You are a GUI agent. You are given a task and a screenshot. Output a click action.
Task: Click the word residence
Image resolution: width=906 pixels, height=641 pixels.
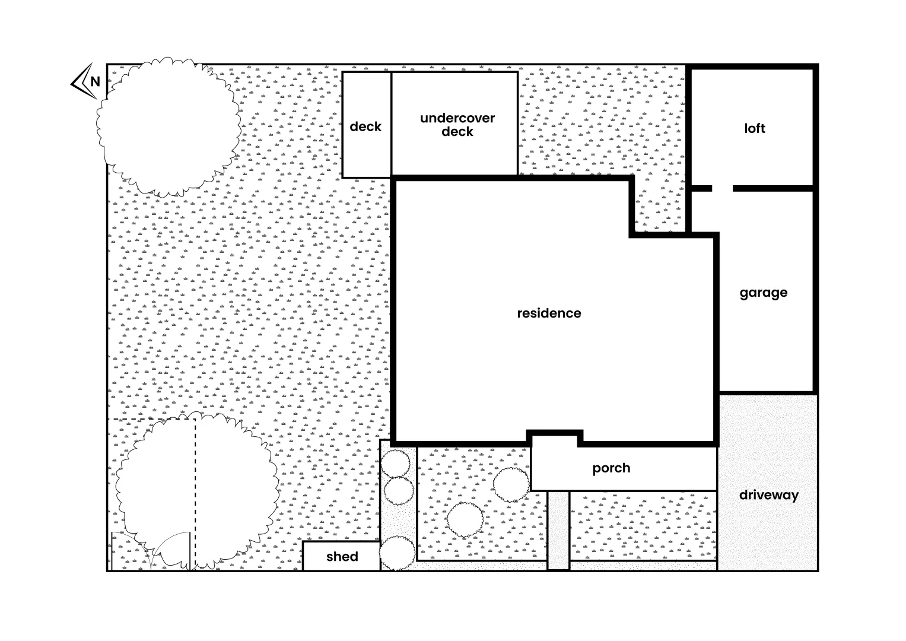click(549, 313)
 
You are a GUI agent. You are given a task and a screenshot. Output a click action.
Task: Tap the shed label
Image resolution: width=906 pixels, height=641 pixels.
click(342, 557)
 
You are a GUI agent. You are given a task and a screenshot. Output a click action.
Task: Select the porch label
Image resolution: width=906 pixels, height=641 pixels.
click(611, 468)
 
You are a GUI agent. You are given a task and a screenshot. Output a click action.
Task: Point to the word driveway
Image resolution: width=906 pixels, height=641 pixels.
click(769, 495)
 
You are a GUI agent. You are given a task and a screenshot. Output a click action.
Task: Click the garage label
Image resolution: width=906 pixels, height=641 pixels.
click(764, 293)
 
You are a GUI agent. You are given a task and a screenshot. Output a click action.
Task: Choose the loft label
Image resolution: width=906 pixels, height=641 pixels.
click(755, 128)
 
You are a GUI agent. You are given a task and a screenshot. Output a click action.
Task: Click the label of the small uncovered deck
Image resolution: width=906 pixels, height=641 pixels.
click(365, 126)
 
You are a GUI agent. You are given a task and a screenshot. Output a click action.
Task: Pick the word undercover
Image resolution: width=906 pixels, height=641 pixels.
click(457, 118)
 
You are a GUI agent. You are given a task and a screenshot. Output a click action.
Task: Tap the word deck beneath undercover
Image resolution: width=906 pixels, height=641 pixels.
click(457, 132)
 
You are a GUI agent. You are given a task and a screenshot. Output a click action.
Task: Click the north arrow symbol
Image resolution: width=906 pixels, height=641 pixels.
click(81, 81)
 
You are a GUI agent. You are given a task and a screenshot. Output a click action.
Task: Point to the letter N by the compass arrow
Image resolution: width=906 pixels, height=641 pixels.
click(95, 81)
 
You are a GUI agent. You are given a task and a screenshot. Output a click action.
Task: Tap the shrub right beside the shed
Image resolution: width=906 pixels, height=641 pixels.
click(397, 553)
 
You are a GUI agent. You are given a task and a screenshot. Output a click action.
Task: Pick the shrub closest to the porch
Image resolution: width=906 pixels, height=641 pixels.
click(511, 484)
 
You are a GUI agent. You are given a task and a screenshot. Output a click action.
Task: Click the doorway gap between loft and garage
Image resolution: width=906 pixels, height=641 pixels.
click(722, 188)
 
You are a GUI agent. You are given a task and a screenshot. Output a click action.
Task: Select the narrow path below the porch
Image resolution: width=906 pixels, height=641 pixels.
click(558, 529)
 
